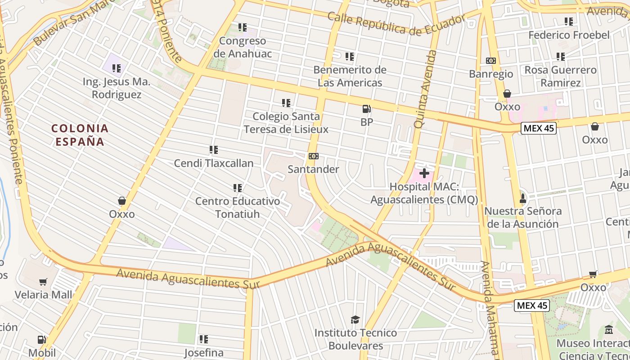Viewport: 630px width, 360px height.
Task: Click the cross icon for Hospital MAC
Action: [424, 173]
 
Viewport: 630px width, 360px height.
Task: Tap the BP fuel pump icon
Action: [367, 109]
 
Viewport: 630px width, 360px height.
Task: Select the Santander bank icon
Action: [314, 156]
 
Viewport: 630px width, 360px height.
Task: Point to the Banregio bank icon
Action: [490, 61]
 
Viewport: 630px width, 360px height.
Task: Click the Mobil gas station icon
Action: [42, 340]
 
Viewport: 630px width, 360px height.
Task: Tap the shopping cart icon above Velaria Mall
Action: [43, 282]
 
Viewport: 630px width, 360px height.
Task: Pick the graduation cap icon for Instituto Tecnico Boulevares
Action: [355, 319]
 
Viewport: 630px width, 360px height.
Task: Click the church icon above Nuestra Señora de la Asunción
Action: [522, 198]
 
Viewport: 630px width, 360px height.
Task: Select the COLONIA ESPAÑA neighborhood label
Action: [80, 135]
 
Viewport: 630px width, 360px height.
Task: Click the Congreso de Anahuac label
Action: [243, 47]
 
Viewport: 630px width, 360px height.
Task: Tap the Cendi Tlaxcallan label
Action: [214, 163]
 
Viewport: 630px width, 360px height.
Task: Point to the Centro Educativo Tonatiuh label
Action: [238, 207]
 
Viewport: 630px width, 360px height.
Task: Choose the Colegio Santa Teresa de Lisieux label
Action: [286, 123]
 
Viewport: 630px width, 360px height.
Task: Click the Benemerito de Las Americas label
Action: [350, 76]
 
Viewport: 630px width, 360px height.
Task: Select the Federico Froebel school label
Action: [569, 35]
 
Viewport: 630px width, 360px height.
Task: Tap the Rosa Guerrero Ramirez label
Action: [561, 76]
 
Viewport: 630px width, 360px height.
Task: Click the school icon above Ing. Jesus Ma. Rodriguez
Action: [117, 68]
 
